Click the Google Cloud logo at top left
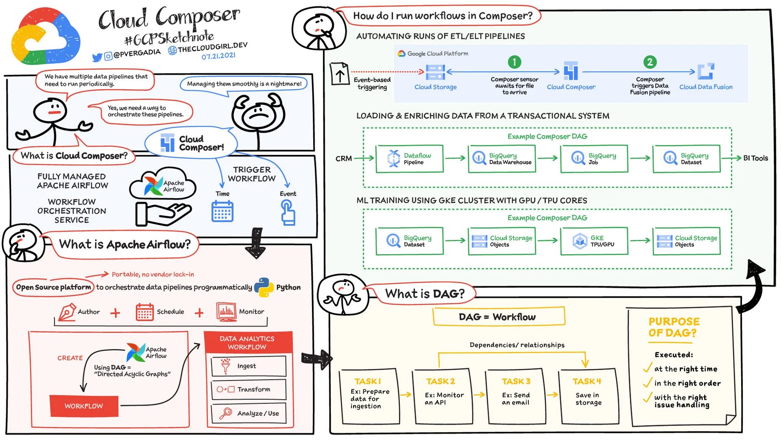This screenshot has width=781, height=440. (46, 37)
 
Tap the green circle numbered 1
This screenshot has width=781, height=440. (514, 62)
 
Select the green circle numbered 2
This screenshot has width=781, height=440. (650, 62)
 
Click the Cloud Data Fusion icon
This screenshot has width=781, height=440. (706, 72)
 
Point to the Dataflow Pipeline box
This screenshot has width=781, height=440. (410, 159)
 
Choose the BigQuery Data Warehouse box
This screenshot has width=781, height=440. (502, 159)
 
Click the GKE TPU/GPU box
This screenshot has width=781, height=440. (594, 241)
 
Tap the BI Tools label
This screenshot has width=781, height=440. (755, 158)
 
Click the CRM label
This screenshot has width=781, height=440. (344, 158)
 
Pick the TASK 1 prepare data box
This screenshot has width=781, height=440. (369, 396)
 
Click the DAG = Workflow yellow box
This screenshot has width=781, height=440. (499, 317)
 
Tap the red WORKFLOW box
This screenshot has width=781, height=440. (84, 406)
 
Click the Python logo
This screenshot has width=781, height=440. (264, 287)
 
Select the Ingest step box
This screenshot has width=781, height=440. (249, 366)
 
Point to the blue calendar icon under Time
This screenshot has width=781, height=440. (223, 211)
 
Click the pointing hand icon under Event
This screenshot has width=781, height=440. (288, 212)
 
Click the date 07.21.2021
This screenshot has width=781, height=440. (218, 56)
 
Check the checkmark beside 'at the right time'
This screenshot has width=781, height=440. (647, 368)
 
